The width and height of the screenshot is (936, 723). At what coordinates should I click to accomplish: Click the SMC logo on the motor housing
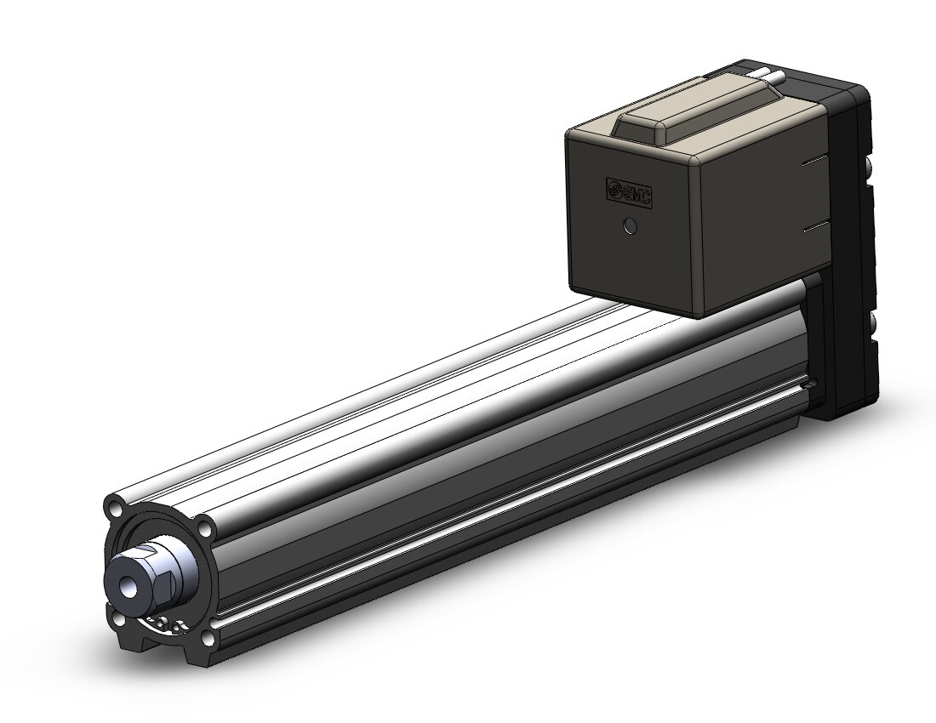pyautogui.click(x=629, y=192)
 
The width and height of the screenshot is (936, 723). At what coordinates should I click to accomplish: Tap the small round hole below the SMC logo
pyautogui.click(x=630, y=227)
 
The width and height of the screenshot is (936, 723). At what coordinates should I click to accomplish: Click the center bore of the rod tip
pyautogui.click(x=128, y=587)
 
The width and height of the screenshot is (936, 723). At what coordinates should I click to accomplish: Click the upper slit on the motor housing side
pyautogui.click(x=815, y=161)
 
